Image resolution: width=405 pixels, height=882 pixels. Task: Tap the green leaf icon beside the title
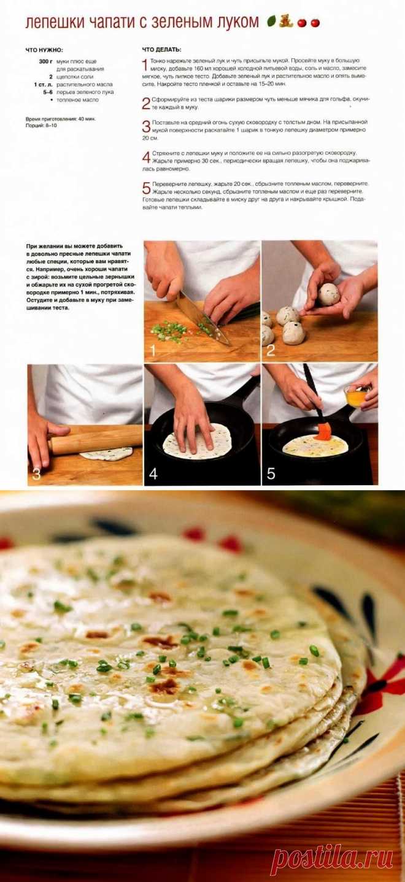271,21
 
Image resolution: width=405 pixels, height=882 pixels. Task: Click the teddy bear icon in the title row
285,21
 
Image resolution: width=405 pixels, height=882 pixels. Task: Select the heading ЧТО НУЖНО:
44,50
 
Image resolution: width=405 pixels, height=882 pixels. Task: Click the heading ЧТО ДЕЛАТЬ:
161,50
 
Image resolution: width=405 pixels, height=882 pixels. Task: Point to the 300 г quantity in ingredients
45,61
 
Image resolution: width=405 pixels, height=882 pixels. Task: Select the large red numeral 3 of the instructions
146,126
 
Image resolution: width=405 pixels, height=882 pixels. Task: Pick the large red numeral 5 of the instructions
146,188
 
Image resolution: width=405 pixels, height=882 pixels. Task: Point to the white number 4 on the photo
153,473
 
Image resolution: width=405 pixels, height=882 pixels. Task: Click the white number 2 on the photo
270,350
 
